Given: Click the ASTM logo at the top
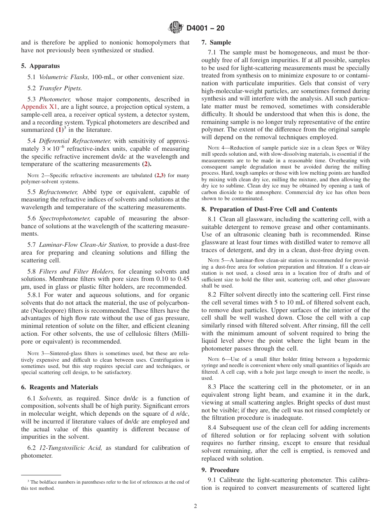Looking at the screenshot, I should [176, 28].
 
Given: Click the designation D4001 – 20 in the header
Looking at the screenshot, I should [205, 28].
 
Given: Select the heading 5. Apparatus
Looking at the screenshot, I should [40, 66].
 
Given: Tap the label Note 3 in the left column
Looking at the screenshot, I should [33, 353].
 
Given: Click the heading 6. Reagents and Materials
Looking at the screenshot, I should [60, 387].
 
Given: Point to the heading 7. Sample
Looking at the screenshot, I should [216, 42].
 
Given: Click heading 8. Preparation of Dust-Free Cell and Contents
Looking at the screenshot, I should [269, 209].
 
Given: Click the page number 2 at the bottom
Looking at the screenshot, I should [195, 506].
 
